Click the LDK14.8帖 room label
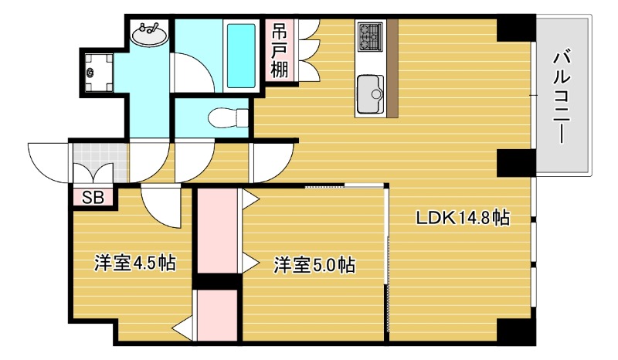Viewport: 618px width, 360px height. [462, 218]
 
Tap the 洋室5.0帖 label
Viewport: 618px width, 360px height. [314, 266]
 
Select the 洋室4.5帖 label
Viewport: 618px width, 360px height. [134, 263]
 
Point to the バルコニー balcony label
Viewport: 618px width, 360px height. [562, 96]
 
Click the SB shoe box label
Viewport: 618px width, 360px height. [93, 196]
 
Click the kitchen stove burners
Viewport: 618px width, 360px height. [369, 36]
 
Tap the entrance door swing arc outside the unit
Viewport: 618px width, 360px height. [48, 161]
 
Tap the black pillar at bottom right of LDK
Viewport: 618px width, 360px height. [515, 331]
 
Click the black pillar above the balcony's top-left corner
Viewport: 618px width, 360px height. [515, 29]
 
